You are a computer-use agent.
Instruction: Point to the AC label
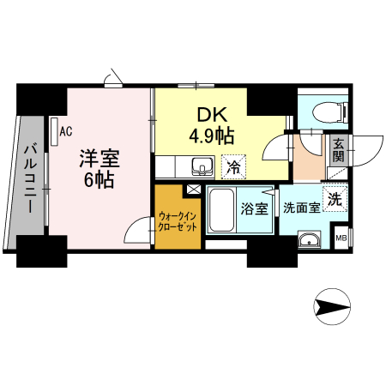[66, 130]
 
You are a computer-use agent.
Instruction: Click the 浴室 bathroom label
[254, 208]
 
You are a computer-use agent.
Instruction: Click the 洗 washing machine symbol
[336, 197]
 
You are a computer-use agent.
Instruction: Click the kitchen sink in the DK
[202, 165]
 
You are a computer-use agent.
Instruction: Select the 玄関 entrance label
[339, 150]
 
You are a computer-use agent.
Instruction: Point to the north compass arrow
[332, 306]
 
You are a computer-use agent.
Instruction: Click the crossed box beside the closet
[194, 190]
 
